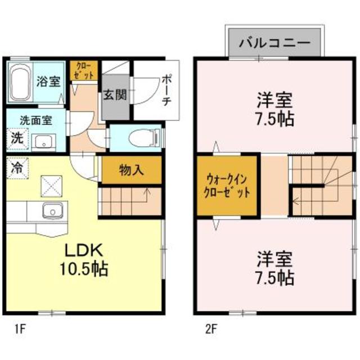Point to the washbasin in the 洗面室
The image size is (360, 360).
coord(42,141)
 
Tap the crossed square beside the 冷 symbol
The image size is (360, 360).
coord(52,184)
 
